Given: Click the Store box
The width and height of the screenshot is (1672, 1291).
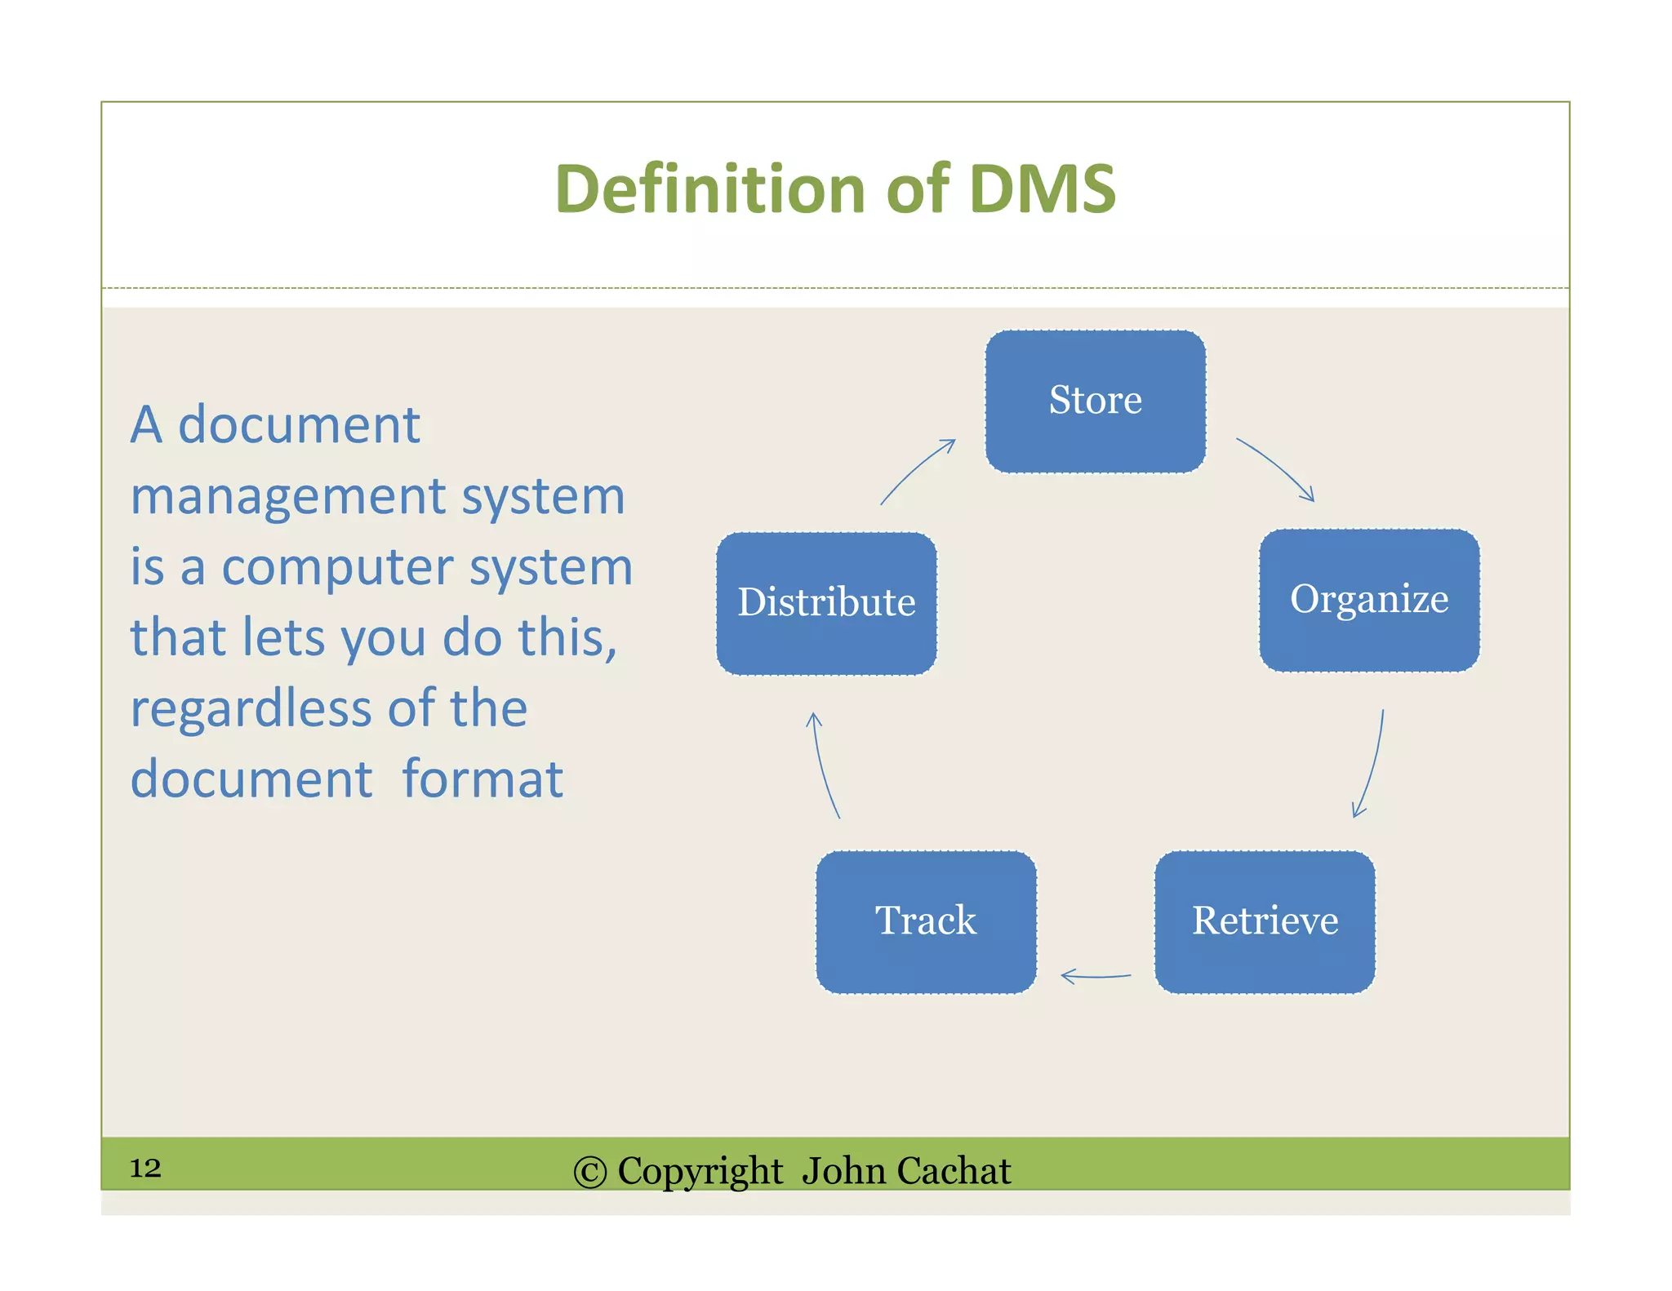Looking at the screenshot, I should tap(1095, 401).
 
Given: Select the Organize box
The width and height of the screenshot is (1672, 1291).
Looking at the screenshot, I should tap(1369, 601).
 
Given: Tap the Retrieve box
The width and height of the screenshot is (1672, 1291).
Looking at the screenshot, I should tap(1265, 922).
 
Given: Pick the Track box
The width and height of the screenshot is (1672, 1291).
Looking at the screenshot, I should tap(926, 922).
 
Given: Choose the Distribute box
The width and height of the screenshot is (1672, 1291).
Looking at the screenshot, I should tap(826, 604).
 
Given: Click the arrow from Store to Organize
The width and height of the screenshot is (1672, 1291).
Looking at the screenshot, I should tap(1277, 468).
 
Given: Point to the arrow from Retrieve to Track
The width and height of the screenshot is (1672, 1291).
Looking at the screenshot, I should tap(1095, 975).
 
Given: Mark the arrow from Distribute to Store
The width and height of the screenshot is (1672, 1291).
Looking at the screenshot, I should tap(917, 471).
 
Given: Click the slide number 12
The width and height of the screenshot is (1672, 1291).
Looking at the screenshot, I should tap(145, 1168).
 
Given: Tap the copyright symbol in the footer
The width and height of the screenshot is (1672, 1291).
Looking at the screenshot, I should tap(589, 1173).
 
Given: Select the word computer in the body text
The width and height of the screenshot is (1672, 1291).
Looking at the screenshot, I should tap(336, 567).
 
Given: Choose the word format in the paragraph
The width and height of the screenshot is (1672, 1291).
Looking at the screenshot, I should tap(482, 779).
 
